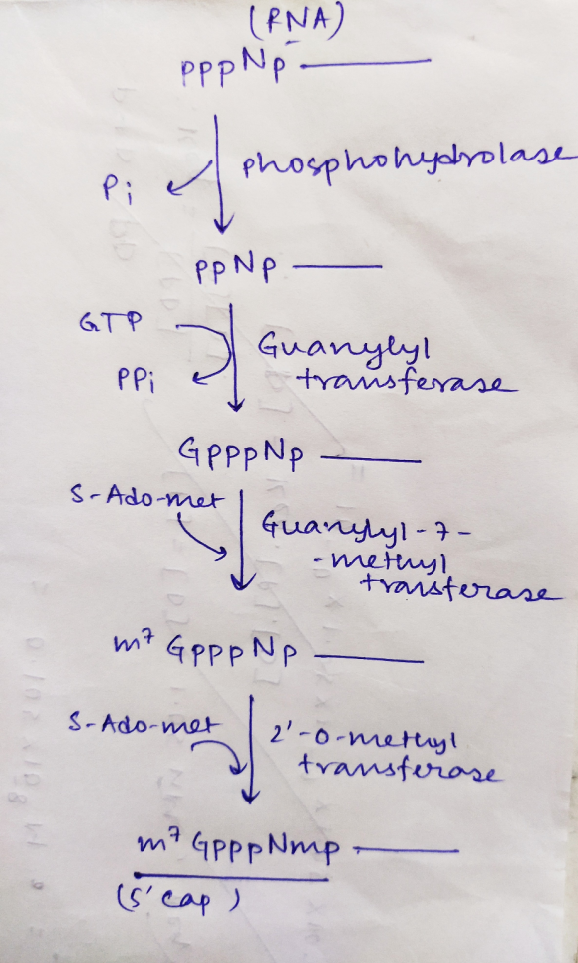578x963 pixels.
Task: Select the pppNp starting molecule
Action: pyautogui.click(x=234, y=68)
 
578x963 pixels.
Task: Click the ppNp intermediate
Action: pyautogui.click(x=236, y=270)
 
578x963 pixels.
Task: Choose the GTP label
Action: pyautogui.click(x=110, y=321)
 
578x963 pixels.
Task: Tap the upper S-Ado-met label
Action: pyautogui.click(x=144, y=499)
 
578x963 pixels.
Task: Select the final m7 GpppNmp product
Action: pyautogui.click(x=239, y=851)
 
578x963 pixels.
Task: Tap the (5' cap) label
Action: pyautogui.click(x=177, y=900)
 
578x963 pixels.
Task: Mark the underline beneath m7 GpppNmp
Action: pyautogui.click(x=231, y=876)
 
